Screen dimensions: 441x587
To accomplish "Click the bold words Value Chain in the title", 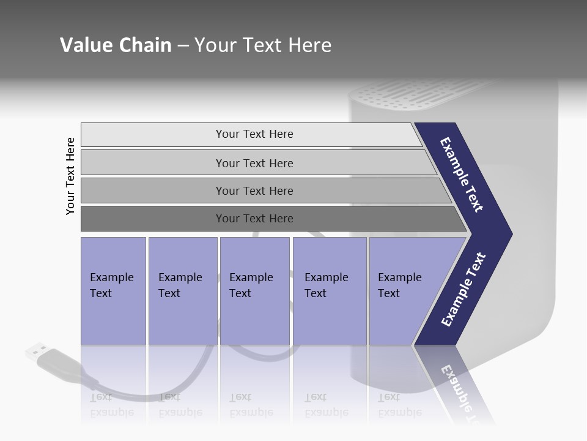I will click(116, 45).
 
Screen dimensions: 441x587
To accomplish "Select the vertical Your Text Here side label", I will click(70, 176).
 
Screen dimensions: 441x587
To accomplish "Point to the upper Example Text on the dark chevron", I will click(462, 175).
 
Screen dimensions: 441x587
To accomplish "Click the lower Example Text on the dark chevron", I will click(463, 290).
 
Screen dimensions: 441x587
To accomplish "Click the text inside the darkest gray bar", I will click(254, 219).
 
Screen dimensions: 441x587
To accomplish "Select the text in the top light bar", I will click(254, 134).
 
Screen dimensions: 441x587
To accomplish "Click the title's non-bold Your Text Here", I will click(263, 45).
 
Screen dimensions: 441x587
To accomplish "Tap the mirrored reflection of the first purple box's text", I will click(111, 405).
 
